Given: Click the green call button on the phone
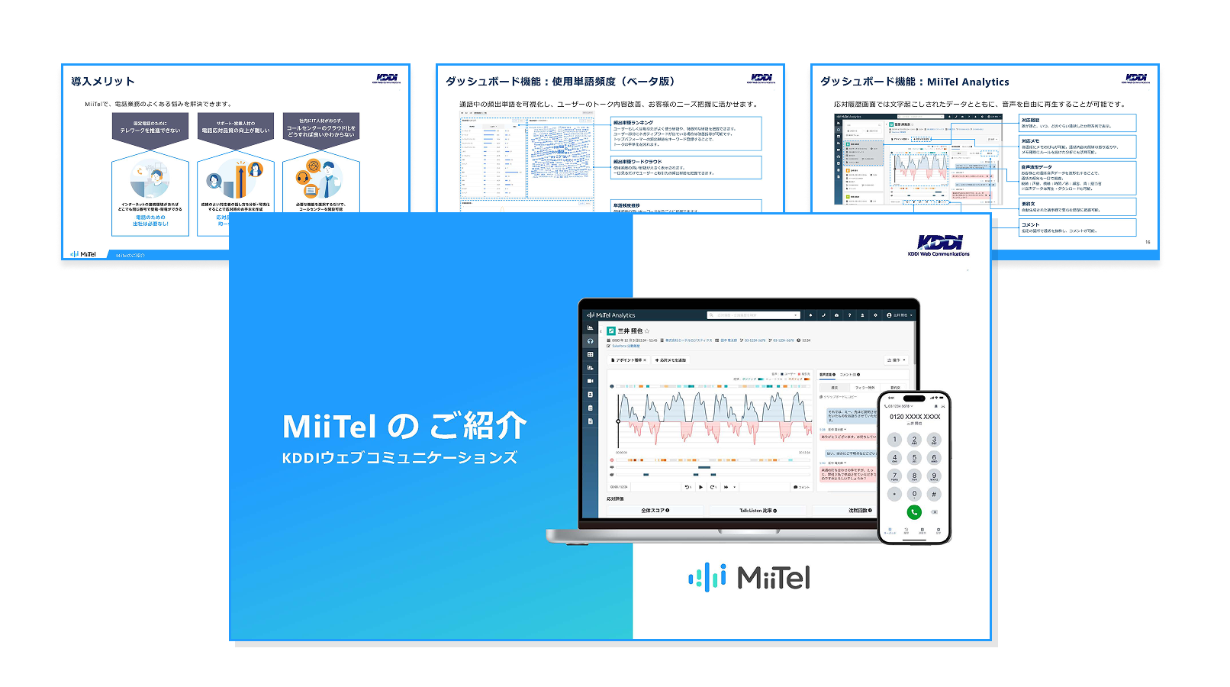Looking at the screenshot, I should point(914,512).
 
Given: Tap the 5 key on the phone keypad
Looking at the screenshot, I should point(914,458).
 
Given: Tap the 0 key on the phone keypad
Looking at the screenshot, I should point(914,494).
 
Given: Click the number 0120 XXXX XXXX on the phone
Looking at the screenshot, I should point(915,417).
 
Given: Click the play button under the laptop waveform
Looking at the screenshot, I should point(700,487).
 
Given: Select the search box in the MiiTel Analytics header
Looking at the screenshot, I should point(753,315).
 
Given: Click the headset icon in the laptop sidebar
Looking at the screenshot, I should point(590,341).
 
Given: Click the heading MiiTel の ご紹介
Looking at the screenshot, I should point(404,426).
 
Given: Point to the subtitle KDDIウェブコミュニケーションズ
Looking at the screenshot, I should point(400,458).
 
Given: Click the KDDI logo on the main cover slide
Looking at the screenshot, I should point(939,244).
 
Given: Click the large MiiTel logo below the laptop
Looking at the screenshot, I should point(749,578).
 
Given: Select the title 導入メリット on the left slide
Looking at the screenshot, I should point(103,82).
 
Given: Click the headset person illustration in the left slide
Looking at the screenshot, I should point(150,180).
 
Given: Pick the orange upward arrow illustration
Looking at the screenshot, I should point(240,179).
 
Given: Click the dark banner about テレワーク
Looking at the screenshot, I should point(150,127).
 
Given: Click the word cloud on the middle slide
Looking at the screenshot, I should point(561,153).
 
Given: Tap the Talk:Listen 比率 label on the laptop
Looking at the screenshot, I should point(758,511).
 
